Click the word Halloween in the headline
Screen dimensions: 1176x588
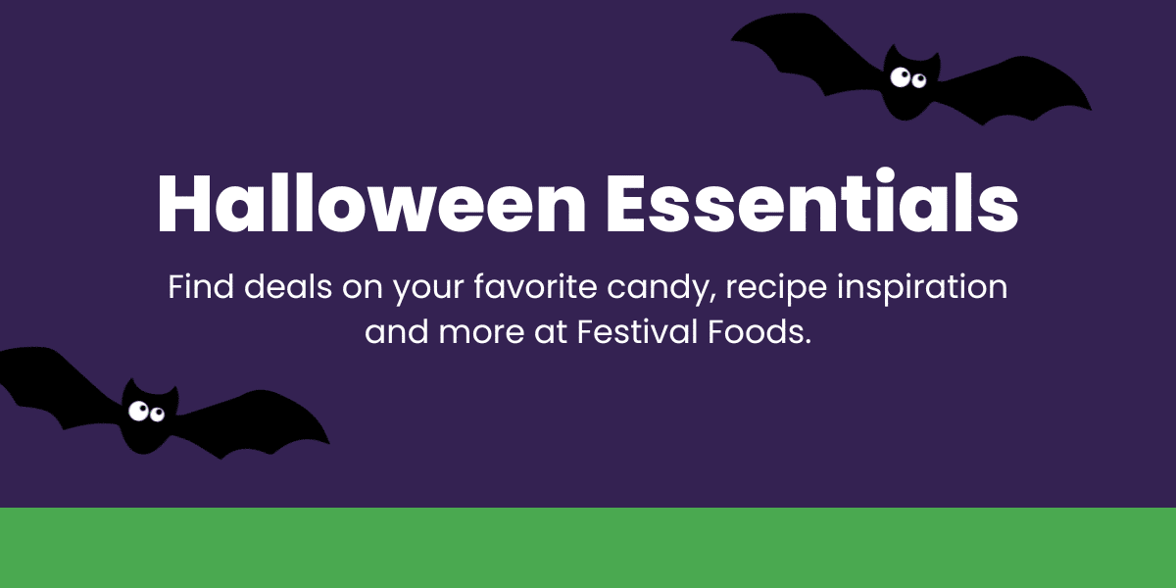coord(371,202)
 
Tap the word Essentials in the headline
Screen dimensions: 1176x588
coord(812,201)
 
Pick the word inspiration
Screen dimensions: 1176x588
coord(922,290)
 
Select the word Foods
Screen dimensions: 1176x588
coord(759,332)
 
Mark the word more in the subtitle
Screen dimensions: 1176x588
coord(481,334)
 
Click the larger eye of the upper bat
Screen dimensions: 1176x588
coord(901,77)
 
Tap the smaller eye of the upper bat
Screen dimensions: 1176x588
coord(919,80)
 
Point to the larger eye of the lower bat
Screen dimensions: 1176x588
coord(138,411)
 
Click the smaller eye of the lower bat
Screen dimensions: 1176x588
coord(157,415)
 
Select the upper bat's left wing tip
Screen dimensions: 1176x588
coord(731,41)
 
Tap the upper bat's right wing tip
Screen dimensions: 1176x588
coord(1092,110)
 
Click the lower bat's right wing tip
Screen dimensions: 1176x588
coord(329,444)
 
